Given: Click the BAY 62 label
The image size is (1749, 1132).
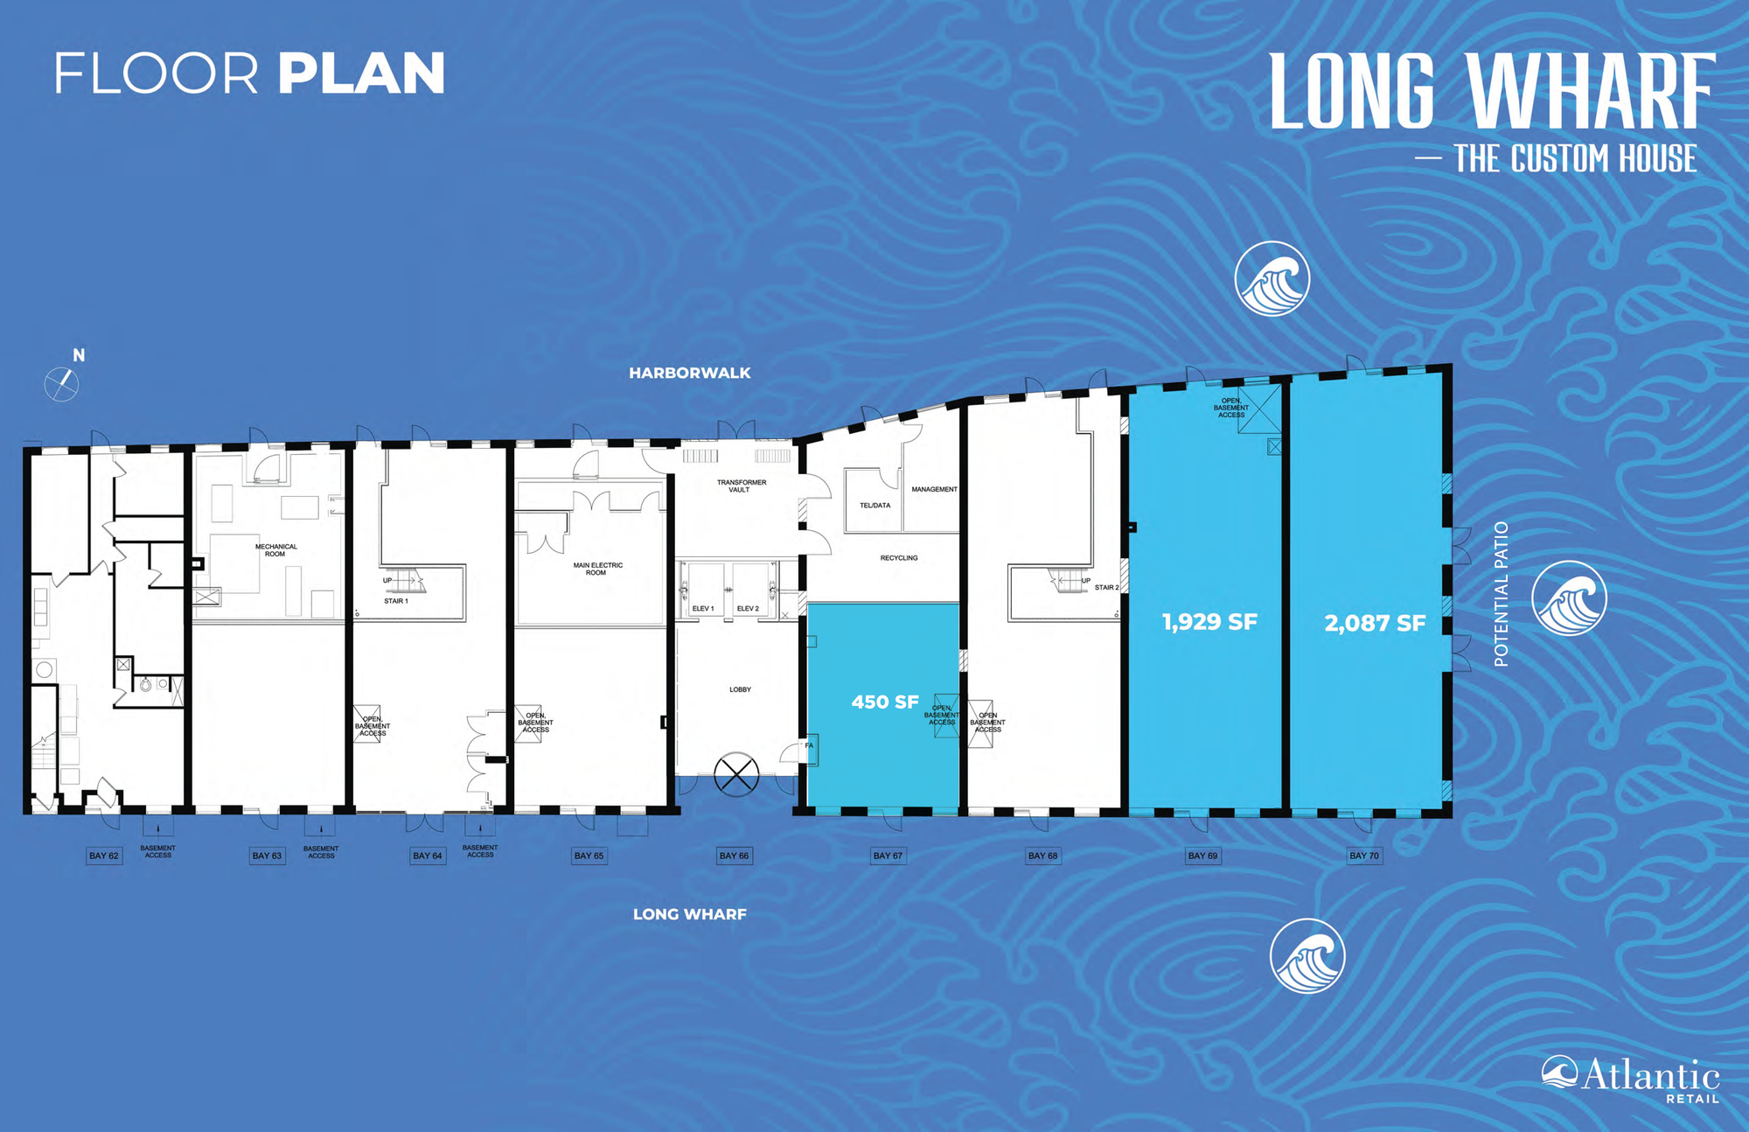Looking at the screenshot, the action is pos(104,856).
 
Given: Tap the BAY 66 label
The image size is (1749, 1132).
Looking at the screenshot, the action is pos(734,856).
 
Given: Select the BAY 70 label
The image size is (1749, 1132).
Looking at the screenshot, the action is pos(1364,856).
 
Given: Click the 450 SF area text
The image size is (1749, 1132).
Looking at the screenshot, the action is pos(885,702).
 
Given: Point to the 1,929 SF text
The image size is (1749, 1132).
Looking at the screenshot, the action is pos(1209,622).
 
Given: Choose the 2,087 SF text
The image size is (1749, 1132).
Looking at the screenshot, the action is pos(1375,623).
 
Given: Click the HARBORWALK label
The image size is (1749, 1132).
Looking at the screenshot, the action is pos(690,373).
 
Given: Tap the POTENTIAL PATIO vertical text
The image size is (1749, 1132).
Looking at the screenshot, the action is pos(1502,594).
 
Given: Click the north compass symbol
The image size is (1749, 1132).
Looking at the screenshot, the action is pos(61,384).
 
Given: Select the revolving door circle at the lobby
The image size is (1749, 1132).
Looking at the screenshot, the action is pos(736,774).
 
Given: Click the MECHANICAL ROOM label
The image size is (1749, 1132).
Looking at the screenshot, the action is pos(275,550).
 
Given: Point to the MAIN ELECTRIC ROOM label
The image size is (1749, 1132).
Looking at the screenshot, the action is pos(598,569).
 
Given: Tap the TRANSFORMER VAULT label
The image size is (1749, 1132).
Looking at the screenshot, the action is pos(742,486).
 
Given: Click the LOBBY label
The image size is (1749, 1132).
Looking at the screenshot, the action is pos(740,689).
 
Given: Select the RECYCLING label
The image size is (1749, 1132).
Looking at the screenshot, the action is pos(899,557).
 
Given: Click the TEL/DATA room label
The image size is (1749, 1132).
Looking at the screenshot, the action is pos(875,505).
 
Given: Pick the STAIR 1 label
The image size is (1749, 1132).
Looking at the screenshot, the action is pos(396,601).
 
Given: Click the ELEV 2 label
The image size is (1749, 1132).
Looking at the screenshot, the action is pos(748,608).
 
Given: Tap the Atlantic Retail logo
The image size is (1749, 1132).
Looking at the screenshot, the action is pos(1630,1079).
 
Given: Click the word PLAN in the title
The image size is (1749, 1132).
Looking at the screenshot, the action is pos(362,73).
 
